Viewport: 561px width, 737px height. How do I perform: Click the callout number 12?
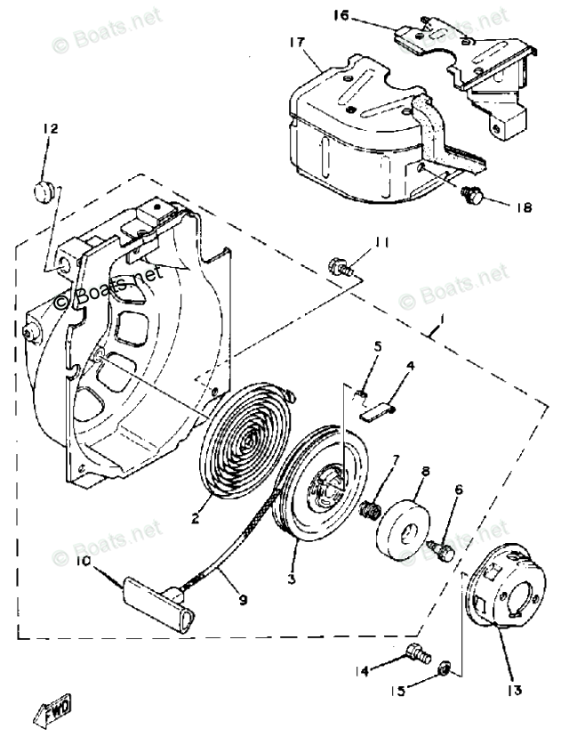(50, 130)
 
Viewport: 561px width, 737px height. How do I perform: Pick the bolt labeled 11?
(339, 264)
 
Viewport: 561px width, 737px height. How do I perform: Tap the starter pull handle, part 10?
(157, 598)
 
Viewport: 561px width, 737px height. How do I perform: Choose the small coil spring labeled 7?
(372, 511)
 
